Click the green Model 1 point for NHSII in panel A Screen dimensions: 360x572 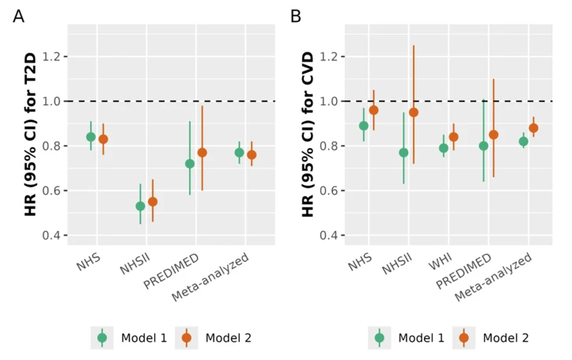point(140,206)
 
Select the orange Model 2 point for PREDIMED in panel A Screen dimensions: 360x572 point(202,153)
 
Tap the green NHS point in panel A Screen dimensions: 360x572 point(91,137)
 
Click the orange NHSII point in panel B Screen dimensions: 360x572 point(414,112)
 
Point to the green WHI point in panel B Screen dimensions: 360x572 point(444,148)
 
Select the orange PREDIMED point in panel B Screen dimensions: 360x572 point(494,135)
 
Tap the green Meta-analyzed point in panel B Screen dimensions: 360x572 point(523,142)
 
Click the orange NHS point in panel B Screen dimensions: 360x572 point(373,110)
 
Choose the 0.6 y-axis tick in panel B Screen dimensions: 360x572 point(331,191)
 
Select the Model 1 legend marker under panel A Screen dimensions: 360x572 point(102,338)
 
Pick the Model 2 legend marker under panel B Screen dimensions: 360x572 point(464,338)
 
